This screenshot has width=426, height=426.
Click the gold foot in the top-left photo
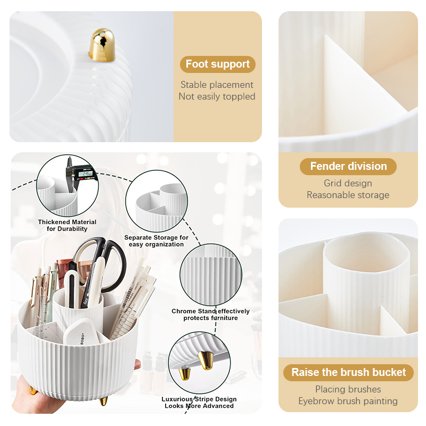[x=102, y=45]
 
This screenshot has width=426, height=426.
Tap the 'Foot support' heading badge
[x=218, y=64]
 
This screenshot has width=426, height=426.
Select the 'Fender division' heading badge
[x=348, y=166]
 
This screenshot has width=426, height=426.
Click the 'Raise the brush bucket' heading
[x=349, y=372]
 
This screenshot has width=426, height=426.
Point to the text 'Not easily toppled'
[x=217, y=96]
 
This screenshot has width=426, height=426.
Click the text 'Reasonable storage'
[x=348, y=195]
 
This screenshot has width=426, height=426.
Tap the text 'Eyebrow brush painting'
[x=348, y=401]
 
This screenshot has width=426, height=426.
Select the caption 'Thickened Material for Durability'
[x=67, y=225]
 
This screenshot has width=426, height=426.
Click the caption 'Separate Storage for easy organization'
[x=156, y=241]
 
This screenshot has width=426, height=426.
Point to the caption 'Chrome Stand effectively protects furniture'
[x=210, y=315]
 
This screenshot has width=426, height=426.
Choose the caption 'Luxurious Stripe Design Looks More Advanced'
[x=199, y=403]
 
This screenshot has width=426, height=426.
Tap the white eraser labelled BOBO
[x=81, y=332]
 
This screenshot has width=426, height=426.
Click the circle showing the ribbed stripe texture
[x=211, y=275]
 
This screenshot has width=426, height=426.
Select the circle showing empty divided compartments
[x=157, y=201]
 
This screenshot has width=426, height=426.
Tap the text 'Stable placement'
[x=217, y=85]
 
